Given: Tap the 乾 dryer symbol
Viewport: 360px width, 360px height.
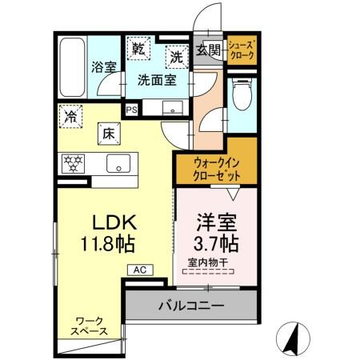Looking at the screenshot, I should point(139,48).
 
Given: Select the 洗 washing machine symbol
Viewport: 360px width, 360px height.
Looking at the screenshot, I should point(177,56).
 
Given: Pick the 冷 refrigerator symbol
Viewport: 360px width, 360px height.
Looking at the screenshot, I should point(70,117).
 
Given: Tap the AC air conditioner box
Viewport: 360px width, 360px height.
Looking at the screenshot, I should point(138,271).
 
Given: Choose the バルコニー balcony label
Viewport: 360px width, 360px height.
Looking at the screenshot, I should point(190,305).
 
